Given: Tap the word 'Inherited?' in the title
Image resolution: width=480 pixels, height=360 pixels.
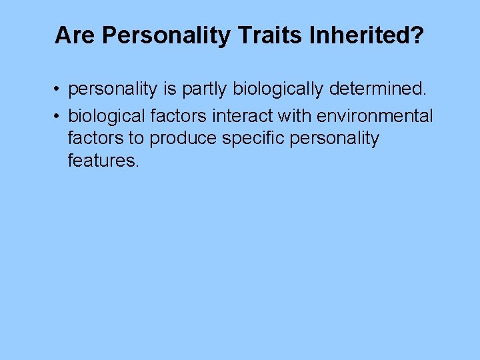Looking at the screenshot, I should pyautogui.click(x=366, y=35).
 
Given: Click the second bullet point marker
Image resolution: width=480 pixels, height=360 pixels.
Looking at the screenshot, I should pyautogui.click(x=59, y=117).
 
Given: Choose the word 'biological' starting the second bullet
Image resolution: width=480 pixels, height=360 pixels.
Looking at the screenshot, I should pyautogui.click(x=106, y=116).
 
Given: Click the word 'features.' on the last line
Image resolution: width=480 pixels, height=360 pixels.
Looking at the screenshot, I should pyautogui.click(x=103, y=161).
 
